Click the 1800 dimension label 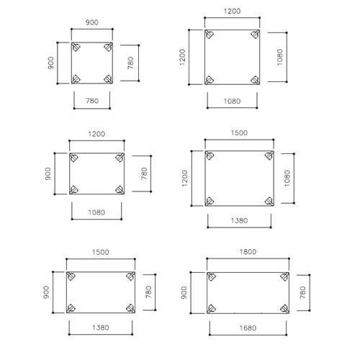pos(248,252)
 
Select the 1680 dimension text pos(248,328)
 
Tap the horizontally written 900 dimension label pos(92,22)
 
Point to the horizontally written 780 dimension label pos(92,101)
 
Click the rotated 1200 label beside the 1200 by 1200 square pos(182,57)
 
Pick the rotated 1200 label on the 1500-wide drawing pos(185,179)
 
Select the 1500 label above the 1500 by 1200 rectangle pos(239,133)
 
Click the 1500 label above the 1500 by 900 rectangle pos(101,252)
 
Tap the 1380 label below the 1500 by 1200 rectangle pos(239,220)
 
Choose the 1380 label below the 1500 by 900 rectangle pos(101,328)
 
